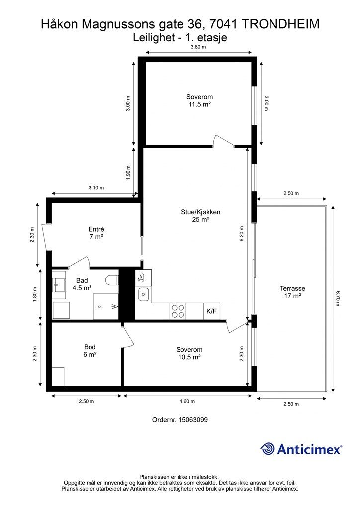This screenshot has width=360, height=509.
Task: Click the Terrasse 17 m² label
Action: coord(292,292)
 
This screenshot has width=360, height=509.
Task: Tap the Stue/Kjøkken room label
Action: coord(200,216)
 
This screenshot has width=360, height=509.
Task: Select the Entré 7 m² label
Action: coord(96,233)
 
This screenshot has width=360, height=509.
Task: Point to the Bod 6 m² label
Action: coord(90,350)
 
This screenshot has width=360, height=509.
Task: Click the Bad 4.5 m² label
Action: coord(82,284)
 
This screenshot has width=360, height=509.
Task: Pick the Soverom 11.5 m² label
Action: coord(199,100)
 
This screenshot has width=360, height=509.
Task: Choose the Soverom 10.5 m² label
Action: coord(189,353)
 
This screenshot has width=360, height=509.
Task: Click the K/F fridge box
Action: coord(211,311)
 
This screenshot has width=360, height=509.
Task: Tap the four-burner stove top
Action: coord(178,311)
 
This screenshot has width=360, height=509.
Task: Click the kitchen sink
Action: coord(143,295)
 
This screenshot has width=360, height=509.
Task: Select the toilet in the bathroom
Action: coord(113,280)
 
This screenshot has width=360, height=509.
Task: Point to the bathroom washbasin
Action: coord(59,285)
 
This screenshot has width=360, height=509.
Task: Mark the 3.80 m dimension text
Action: coord(199,47)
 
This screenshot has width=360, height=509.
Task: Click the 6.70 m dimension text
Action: coord(338,299)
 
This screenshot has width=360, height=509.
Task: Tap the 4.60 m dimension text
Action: coord(187,401)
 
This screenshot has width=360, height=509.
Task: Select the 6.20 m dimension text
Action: coord(241,233)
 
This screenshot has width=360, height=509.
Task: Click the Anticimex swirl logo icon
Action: coord(267,449)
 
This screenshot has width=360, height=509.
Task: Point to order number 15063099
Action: coord(180,420)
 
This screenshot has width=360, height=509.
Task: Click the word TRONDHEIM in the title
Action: coord(281,24)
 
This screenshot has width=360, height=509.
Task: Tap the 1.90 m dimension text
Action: coord(128,172)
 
